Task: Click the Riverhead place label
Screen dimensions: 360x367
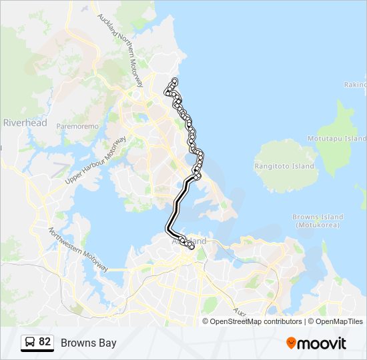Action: coord(25,123)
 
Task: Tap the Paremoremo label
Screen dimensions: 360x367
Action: coord(77,126)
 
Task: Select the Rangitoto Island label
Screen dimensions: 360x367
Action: coord(284,166)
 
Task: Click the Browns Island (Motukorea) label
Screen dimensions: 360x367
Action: coord(318,221)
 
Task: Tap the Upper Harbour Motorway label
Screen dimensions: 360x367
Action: coord(96,161)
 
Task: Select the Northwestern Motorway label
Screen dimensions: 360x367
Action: coord(78,249)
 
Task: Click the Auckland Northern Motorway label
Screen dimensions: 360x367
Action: coord(121,51)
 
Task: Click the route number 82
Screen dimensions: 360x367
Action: coord(45,342)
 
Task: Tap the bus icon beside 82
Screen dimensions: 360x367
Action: coord(30,343)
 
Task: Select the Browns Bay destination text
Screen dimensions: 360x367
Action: coord(88,343)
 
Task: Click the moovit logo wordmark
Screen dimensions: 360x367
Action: coord(323,343)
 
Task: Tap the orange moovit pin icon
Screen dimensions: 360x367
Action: coord(292,343)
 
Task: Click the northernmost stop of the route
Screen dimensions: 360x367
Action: coord(174,81)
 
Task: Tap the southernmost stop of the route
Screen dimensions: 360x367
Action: coord(192,248)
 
